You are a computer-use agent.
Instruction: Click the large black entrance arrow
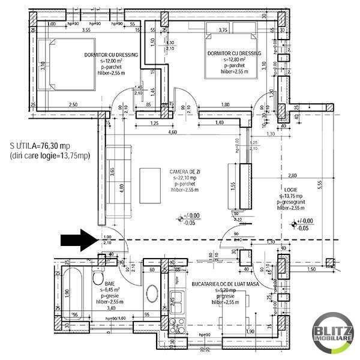coord(78,241)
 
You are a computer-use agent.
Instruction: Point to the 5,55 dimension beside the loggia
coord(320,187)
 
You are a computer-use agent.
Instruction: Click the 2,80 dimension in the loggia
coord(292,176)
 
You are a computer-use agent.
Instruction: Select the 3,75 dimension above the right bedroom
coord(224,29)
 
